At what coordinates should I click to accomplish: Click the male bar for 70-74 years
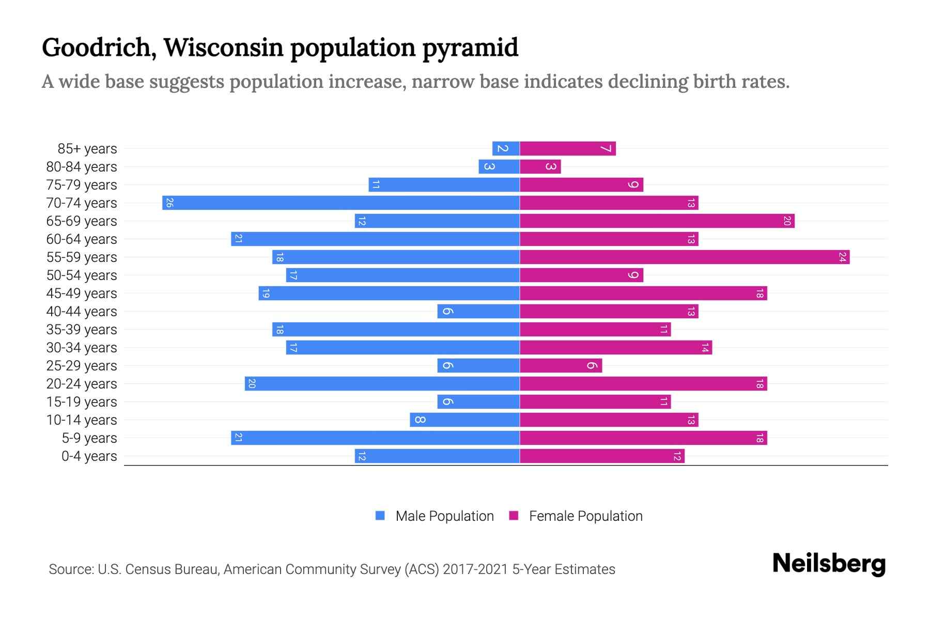(x=341, y=203)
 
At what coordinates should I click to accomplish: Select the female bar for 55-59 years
(x=685, y=257)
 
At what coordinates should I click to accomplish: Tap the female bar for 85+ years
(x=567, y=149)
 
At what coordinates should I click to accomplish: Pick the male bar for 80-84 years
(x=499, y=166)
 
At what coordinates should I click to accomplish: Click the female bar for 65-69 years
(x=657, y=221)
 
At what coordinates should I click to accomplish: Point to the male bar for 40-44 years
(x=478, y=311)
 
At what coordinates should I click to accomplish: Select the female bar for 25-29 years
(x=561, y=365)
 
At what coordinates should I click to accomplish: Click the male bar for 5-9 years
(x=375, y=438)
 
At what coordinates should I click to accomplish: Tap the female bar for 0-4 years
(x=602, y=456)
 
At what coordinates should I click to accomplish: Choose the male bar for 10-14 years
(x=465, y=420)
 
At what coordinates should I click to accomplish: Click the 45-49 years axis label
(x=82, y=293)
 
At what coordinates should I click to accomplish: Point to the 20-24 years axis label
(x=82, y=384)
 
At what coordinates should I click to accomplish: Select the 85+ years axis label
(x=87, y=149)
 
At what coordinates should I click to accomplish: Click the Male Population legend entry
(x=444, y=516)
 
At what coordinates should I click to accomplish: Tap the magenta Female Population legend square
(x=514, y=516)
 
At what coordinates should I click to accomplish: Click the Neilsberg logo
(x=829, y=564)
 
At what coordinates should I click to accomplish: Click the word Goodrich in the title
(x=96, y=48)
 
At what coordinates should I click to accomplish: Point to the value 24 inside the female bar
(x=842, y=257)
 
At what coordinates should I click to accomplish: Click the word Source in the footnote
(x=70, y=569)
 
